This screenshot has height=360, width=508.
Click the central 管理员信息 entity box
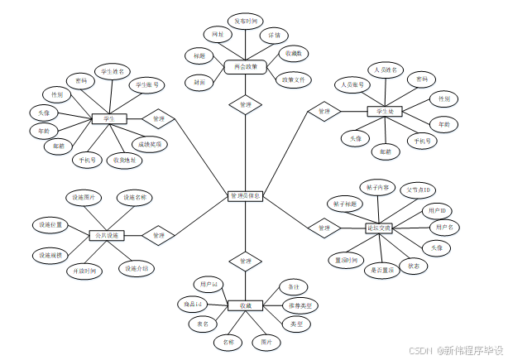[x=245, y=197]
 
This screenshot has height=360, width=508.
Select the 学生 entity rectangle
[x=108, y=119]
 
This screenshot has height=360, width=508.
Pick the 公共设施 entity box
[x=106, y=236]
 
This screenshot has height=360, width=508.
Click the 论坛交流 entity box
[x=380, y=227]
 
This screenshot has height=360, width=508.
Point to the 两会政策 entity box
[x=245, y=66]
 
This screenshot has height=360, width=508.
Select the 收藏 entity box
[x=245, y=306]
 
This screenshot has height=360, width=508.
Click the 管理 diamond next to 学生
[x=159, y=119]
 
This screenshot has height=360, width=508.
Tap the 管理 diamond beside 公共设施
[x=158, y=236]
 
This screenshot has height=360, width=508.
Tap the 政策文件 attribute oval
[x=294, y=80]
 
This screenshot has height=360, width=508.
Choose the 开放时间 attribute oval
[x=84, y=271]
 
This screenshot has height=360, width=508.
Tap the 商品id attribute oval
[x=191, y=305]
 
